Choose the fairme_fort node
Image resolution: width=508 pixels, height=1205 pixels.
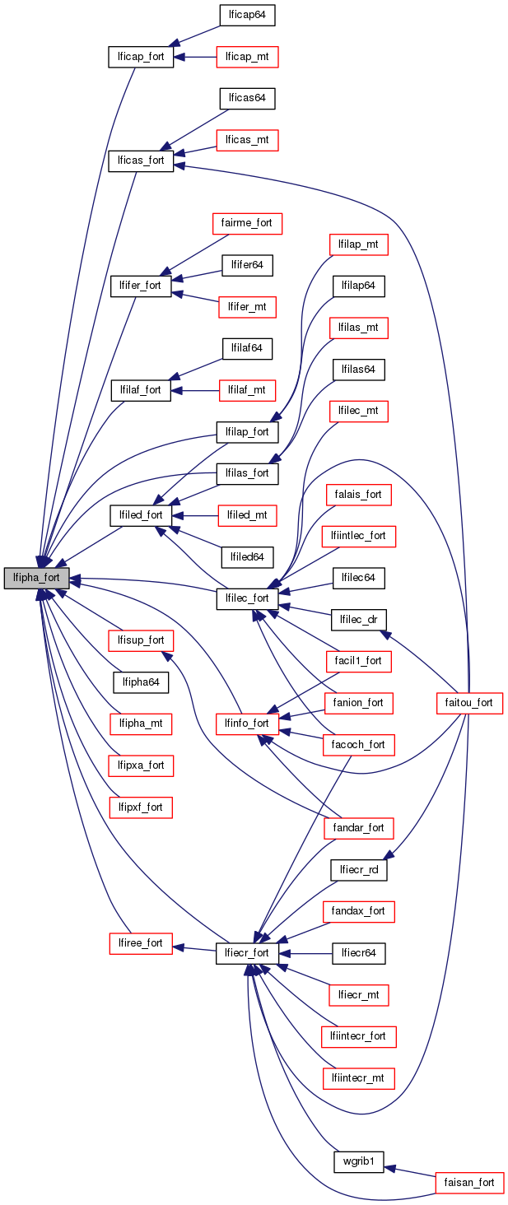point(247,222)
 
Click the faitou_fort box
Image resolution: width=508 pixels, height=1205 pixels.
point(468,702)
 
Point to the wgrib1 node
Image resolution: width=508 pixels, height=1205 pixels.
point(359,1162)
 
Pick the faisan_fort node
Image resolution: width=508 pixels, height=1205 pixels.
point(469,1183)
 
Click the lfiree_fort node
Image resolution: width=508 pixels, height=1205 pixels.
point(141,943)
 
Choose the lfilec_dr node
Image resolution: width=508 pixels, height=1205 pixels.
point(359,619)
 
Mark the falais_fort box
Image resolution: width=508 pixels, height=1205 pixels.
point(358,494)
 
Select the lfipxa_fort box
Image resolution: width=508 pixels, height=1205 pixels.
point(141,765)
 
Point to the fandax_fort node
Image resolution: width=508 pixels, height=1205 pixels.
point(359,911)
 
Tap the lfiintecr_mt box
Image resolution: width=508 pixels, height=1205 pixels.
point(358,1077)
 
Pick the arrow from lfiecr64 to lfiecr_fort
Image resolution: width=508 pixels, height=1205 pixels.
point(305,953)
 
